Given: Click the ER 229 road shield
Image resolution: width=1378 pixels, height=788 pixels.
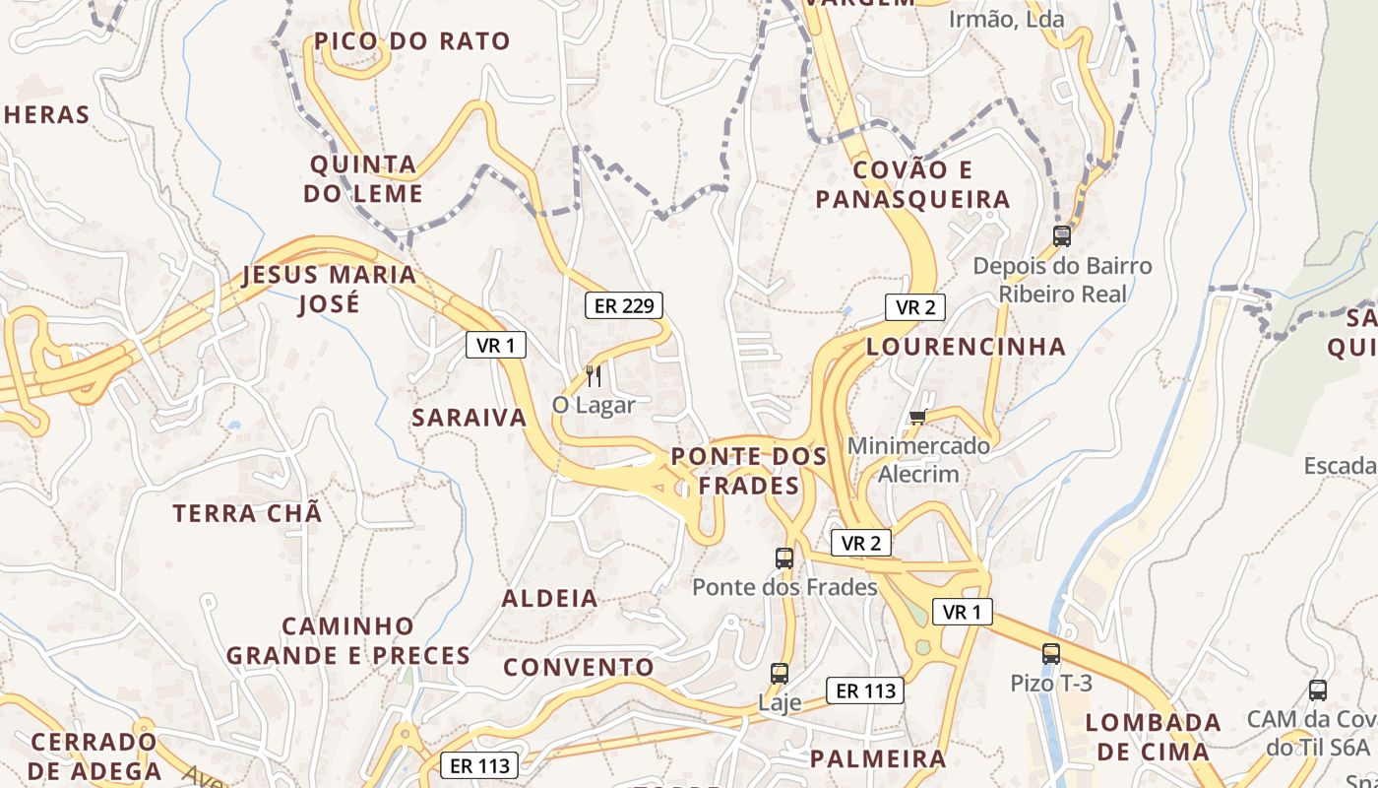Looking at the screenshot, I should coord(624,305).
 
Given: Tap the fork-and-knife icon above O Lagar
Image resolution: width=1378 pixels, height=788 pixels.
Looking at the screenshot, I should coord(593,375).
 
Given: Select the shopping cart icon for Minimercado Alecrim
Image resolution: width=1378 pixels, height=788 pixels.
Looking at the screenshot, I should coord(918,417).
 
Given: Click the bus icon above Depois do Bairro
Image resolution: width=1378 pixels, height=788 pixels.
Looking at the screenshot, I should coord(1061,236).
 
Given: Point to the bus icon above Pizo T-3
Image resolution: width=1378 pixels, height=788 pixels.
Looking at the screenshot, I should coord(1051,653).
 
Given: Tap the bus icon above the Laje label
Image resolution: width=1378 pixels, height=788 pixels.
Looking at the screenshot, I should coord(780,674).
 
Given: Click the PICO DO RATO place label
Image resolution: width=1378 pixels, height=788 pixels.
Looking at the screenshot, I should coord(412,41).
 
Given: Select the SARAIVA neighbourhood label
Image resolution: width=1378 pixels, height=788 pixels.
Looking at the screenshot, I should coord(470,418).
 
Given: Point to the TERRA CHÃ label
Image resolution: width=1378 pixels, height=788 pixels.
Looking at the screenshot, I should coord(247,513).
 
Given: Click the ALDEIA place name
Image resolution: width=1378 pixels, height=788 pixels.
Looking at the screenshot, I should coord(550,599).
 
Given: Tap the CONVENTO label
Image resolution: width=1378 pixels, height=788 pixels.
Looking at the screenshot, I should coord(579,667).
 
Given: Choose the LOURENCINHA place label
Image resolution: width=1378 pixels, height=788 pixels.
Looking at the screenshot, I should coord(966,347).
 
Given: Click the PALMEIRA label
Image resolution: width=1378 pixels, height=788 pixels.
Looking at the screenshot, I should coord(878,758).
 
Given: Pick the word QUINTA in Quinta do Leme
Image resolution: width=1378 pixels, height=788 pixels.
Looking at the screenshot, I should coord(363,164).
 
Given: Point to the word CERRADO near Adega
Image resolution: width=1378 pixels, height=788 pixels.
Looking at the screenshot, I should coord(94,742).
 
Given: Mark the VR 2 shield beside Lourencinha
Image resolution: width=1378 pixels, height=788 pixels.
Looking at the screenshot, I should coord(915,307).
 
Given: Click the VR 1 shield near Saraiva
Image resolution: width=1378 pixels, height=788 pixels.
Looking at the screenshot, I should coord(496,345).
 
